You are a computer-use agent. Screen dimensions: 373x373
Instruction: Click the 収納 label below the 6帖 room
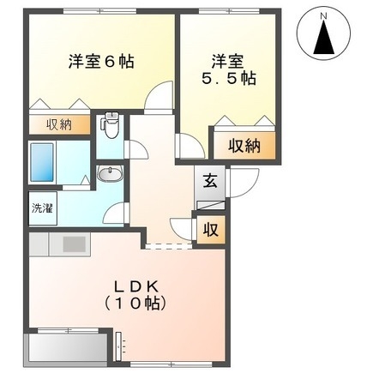(59, 125)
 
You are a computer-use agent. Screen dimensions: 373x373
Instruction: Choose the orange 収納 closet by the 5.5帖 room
(245, 145)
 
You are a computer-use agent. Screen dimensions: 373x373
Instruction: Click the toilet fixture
(109, 128)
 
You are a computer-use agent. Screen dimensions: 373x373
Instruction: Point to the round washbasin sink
(108, 175)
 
